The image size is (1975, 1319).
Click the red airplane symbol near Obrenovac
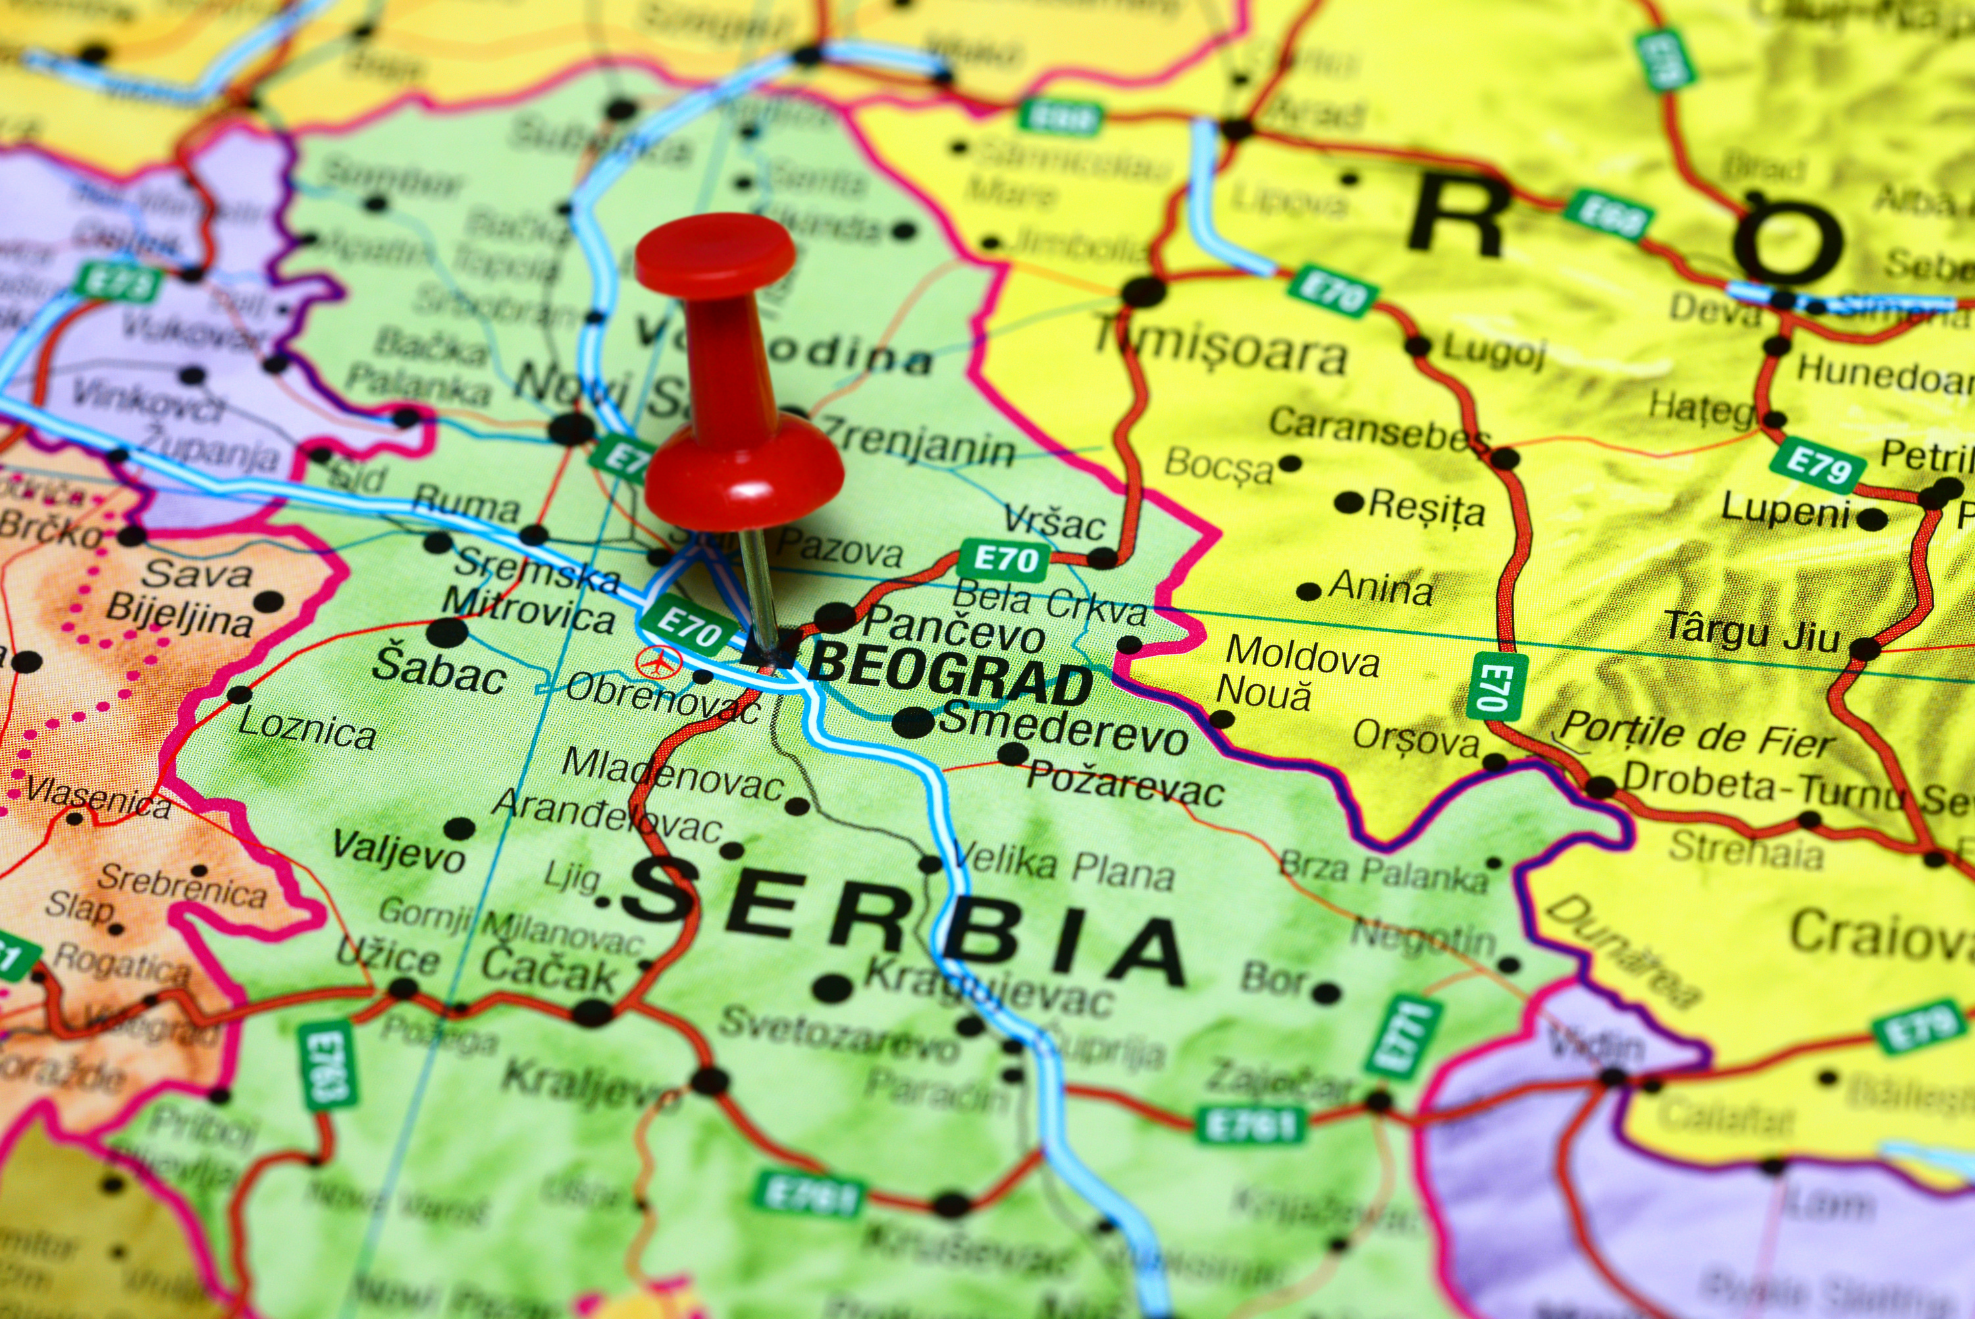(658, 662)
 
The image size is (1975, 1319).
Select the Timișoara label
(1219, 352)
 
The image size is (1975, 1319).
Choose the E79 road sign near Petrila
(1817, 464)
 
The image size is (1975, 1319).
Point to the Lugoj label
(1494, 351)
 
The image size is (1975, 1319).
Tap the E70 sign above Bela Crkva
(1005, 558)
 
